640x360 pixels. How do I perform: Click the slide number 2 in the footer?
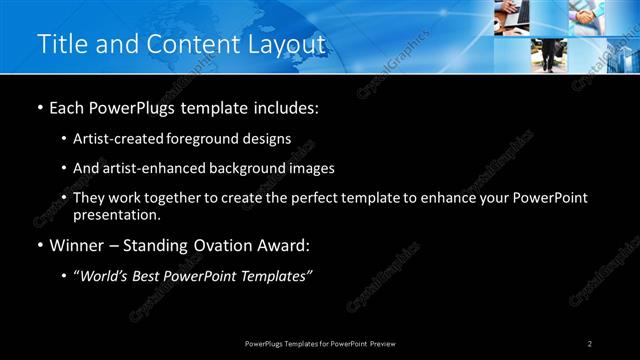590,344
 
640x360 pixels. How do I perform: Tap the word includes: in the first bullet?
288,107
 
